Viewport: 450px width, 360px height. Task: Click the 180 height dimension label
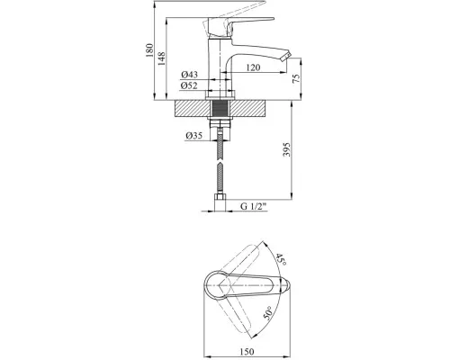pos(149,50)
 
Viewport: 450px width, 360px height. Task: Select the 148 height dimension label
pos(161,58)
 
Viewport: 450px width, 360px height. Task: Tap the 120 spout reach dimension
pos(253,67)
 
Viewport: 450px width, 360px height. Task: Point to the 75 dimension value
pos(296,78)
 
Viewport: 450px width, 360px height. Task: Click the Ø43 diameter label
pos(189,75)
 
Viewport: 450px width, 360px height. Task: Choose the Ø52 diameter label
pos(189,85)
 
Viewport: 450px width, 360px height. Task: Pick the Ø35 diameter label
pos(193,136)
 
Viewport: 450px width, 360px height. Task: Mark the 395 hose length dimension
pos(287,149)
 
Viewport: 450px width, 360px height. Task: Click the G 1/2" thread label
pos(254,206)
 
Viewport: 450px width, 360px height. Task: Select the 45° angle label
pos(281,259)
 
